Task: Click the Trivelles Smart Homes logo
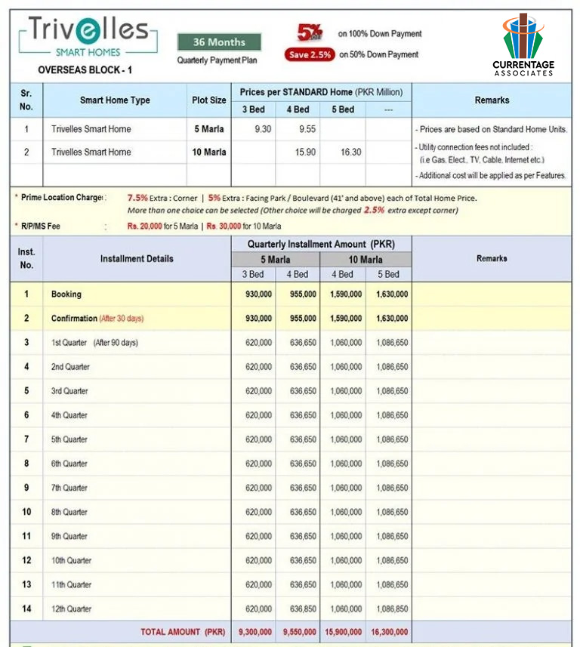89,38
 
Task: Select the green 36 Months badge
219,42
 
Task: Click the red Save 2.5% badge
310,54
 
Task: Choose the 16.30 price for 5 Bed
343,152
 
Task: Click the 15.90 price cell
298,152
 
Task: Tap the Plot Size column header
208,100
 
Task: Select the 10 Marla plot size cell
208,152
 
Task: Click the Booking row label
66,294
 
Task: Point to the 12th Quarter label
71,608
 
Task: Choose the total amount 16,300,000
389,632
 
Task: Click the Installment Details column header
137,258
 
